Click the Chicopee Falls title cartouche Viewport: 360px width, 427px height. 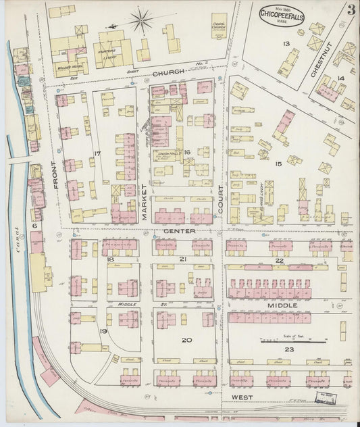tap(281, 15)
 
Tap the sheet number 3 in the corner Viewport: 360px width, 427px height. tap(351, 9)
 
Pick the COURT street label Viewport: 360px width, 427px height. tap(220, 201)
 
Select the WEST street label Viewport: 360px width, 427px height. tap(241, 397)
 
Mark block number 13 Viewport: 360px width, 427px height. tap(286, 44)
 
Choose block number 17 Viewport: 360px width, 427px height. tap(97, 154)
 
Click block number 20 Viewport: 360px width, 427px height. tap(186, 341)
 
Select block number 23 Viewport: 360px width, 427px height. tap(289, 349)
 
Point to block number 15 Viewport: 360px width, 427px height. tap(278, 164)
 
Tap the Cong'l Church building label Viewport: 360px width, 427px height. tap(219, 25)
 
